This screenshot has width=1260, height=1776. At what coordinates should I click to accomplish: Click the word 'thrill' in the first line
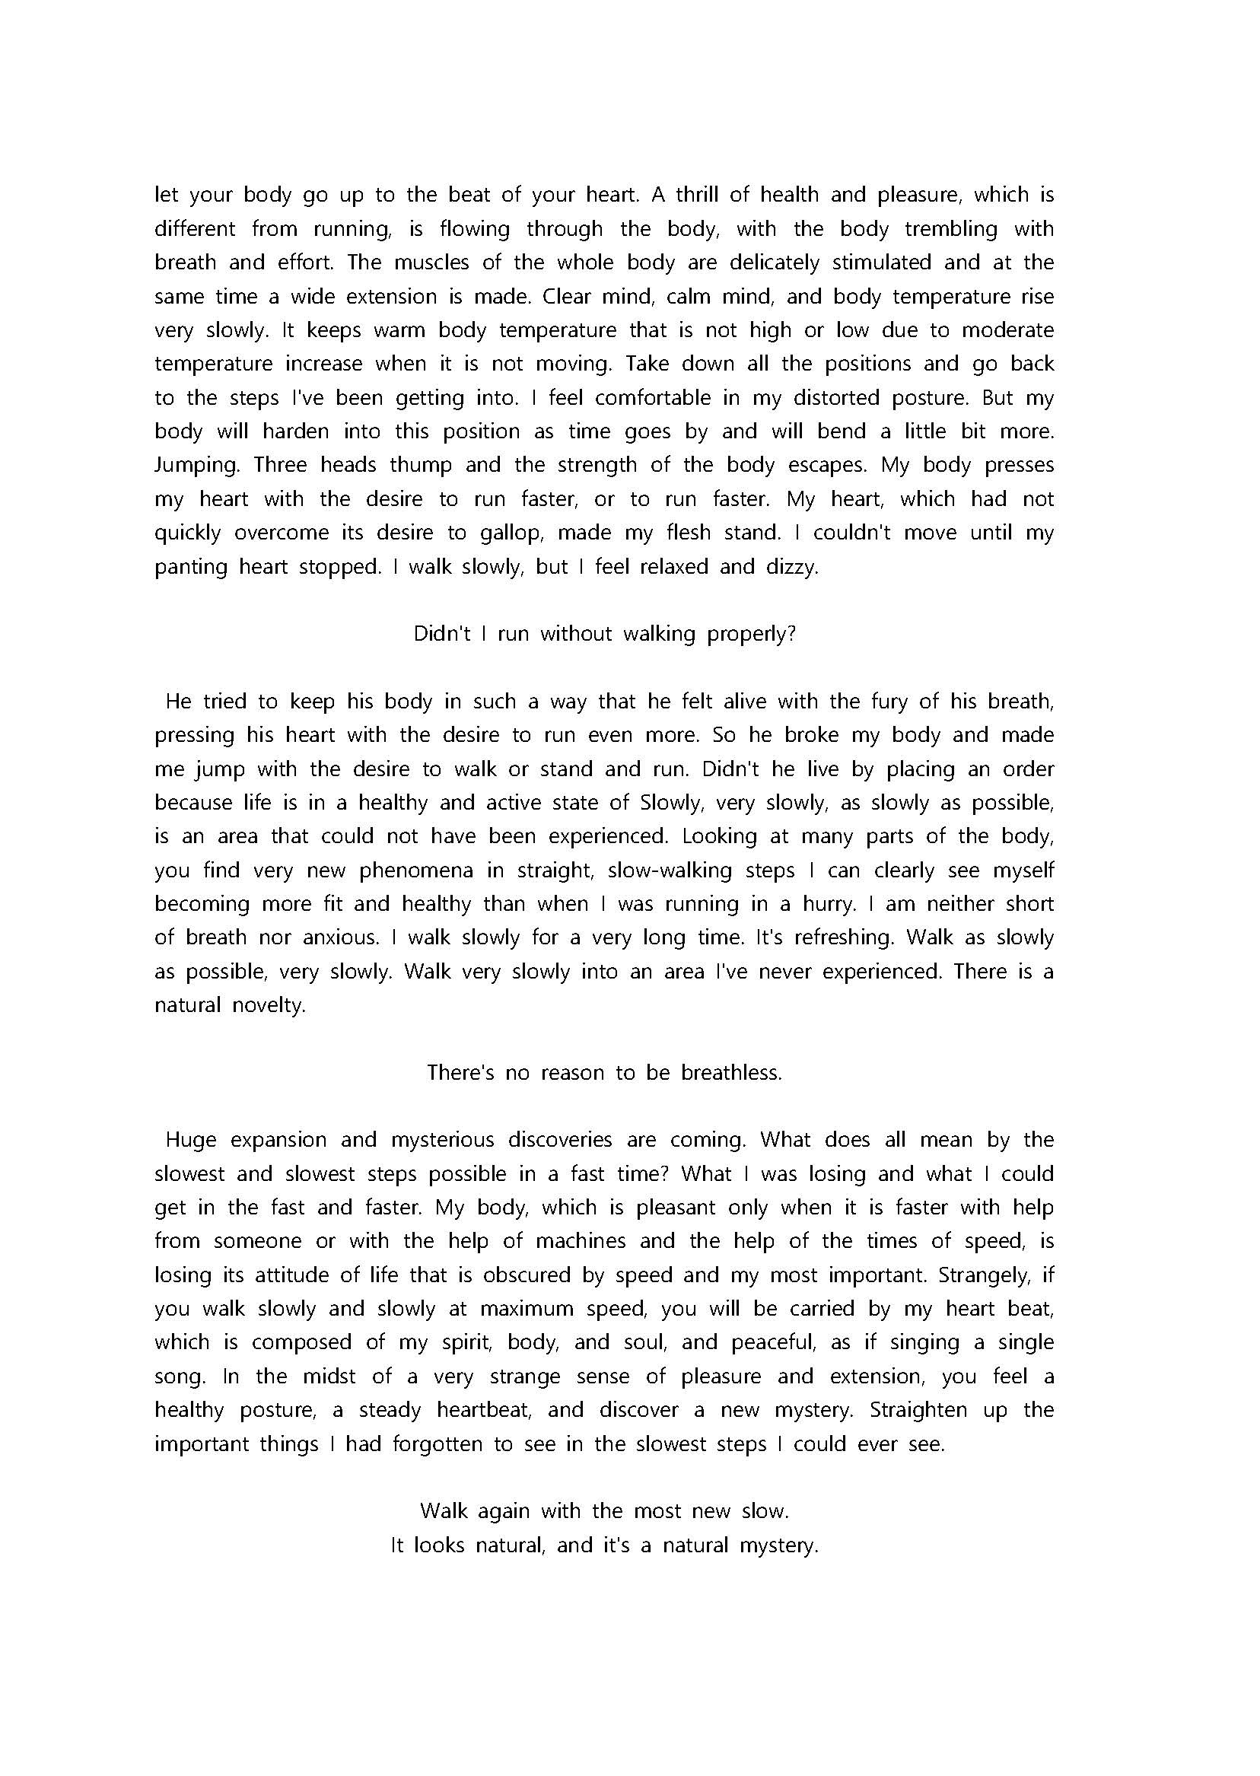click(695, 194)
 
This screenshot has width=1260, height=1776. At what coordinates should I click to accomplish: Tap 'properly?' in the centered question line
click(752, 635)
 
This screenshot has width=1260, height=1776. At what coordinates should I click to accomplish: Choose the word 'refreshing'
click(826, 938)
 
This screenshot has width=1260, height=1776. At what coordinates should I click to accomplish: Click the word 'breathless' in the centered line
click(732, 1073)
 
